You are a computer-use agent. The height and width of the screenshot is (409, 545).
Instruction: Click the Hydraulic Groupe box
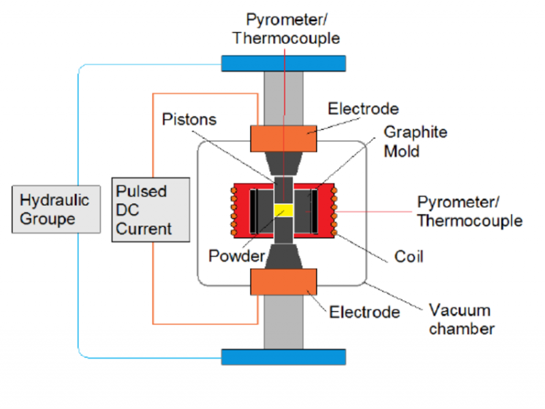click(x=46, y=209)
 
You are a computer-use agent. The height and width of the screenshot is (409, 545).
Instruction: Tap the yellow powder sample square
click(x=283, y=211)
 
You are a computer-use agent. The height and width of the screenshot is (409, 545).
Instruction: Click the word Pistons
click(x=189, y=120)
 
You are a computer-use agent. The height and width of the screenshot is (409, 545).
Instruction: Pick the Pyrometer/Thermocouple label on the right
click(x=469, y=211)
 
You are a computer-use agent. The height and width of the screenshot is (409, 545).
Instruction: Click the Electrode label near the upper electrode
click(x=363, y=109)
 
